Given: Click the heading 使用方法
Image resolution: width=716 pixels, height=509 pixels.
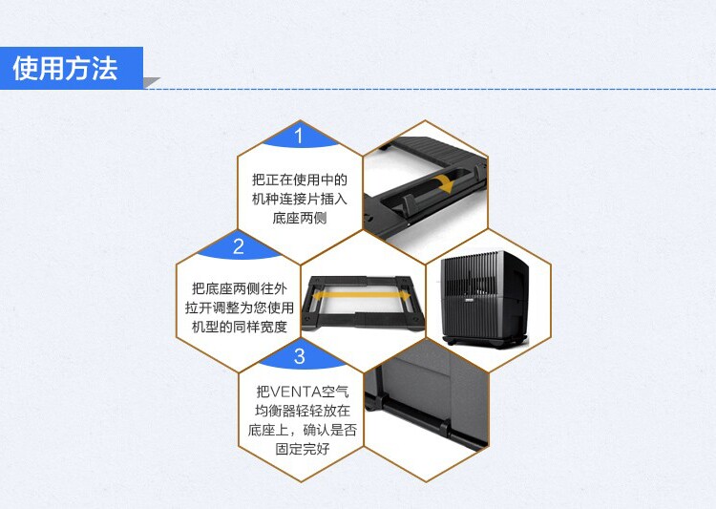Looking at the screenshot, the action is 65,69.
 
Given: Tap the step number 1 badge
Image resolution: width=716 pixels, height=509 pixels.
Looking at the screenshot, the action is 299,136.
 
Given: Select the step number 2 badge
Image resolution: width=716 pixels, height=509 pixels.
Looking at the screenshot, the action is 239,247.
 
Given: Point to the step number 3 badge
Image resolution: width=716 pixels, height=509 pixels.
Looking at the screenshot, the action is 299,357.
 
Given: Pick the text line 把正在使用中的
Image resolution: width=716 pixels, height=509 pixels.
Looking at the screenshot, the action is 299,180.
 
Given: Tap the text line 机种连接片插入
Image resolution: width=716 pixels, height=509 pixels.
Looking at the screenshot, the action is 299,199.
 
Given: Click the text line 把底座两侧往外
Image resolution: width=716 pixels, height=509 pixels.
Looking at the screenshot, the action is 239,288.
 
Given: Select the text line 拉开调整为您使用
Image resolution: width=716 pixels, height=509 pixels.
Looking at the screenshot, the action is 239,308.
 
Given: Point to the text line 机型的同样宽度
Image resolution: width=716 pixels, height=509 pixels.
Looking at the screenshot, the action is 239,327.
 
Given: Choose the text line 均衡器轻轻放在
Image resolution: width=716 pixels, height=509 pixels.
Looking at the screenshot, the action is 299,412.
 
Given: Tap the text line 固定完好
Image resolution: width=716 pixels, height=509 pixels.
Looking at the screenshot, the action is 299,449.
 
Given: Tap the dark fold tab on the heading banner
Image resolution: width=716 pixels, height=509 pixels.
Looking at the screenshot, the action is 151,82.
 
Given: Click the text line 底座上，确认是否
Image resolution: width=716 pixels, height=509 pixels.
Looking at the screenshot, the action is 299,431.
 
